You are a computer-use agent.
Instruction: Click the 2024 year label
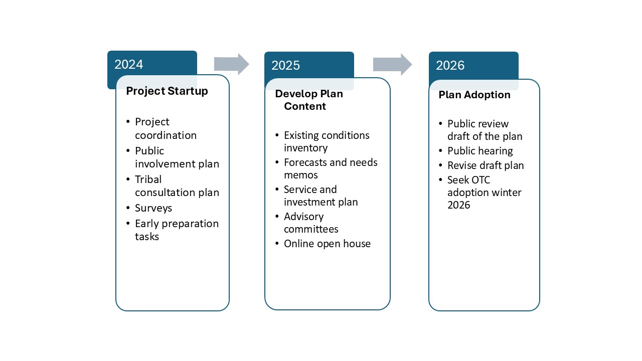[129, 65]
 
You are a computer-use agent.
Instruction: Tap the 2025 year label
[285, 65]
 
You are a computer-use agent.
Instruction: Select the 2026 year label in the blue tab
[450, 65]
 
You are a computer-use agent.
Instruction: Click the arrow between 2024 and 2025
[232, 64]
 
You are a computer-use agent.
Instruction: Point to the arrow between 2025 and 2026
[392, 64]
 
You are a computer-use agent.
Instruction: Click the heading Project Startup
[167, 91]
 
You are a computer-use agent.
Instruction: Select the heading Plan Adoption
[474, 95]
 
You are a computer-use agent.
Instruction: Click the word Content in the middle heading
[305, 106]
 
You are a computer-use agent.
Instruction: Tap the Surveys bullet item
[153, 208]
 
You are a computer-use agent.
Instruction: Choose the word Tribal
[148, 179]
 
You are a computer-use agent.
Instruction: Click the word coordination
[166, 135]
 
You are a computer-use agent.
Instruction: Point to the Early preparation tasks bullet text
[177, 230]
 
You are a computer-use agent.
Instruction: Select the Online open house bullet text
[328, 244]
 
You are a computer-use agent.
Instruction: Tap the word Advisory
[304, 217]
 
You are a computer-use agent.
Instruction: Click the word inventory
[306, 148]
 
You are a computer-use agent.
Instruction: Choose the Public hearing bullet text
[480, 151]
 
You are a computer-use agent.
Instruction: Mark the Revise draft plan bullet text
[486, 165]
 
